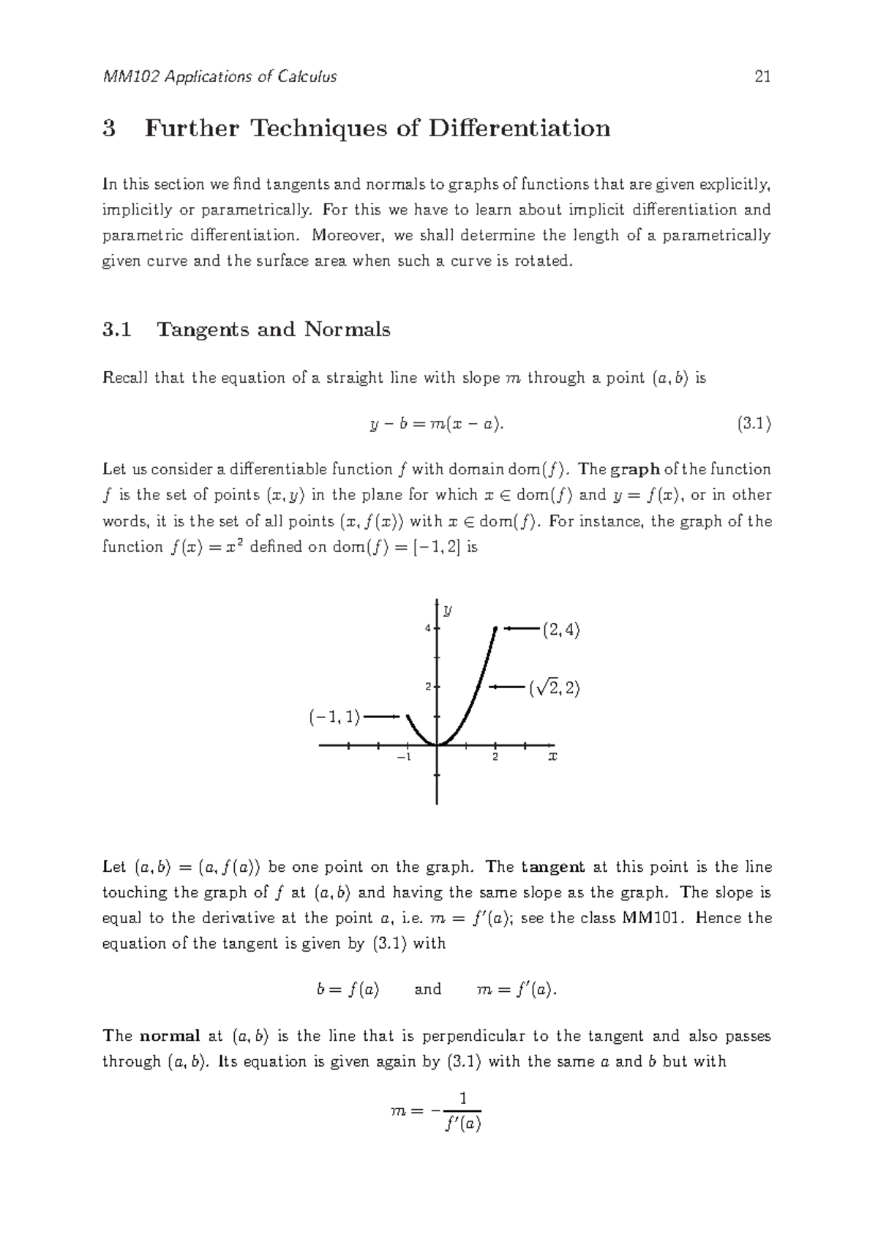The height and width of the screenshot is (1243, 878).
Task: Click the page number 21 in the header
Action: coord(762,77)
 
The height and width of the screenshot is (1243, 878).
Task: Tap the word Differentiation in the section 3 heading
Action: coord(519,129)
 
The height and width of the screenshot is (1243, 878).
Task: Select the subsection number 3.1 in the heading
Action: coord(117,329)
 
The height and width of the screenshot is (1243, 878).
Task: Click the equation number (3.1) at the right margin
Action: coord(754,423)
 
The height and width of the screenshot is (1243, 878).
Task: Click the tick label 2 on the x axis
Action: coord(495,757)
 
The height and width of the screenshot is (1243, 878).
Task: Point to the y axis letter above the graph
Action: coord(447,609)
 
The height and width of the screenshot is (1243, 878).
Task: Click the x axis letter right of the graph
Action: coord(552,755)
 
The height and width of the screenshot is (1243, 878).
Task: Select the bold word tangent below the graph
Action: coord(552,867)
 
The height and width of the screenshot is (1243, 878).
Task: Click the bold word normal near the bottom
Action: coord(170,1036)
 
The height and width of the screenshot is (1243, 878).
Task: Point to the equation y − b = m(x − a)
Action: coord(438,424)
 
